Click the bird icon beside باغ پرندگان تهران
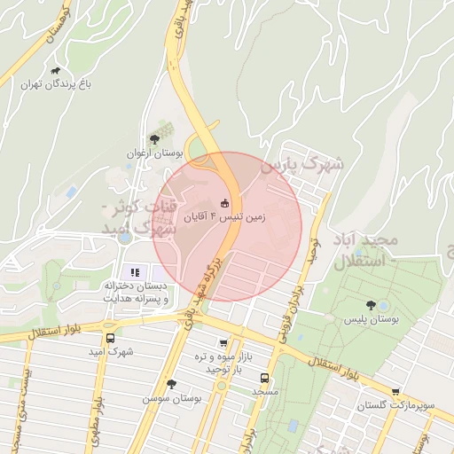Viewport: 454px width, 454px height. [56, 71]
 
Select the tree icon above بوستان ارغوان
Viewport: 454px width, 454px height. [155, 139]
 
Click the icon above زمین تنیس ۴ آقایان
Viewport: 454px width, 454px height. [224, 201]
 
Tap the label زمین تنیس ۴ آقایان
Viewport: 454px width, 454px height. [224, 215]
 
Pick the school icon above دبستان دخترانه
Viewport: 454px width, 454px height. [135, 272]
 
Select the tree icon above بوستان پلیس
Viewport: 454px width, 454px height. [370, 303]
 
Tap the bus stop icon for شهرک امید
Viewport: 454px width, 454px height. [110, 338]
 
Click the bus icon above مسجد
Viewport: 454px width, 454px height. [263, 376]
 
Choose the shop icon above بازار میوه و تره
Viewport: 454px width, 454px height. [223, 344]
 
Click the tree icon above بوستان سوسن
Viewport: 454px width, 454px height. [171, 384]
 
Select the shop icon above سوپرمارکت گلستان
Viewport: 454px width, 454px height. [395, 391]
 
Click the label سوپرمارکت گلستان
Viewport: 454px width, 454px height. [395, 405]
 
